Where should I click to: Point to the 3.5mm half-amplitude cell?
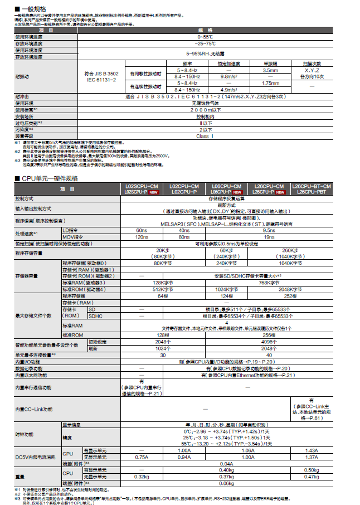coord(270,70)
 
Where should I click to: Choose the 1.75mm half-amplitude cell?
coord(270,82)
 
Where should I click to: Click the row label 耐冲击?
coord(22,96)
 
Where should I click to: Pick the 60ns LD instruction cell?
coord(142,230)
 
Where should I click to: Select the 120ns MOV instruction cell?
coord(142,236)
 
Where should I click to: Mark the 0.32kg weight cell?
coord(142,477)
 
